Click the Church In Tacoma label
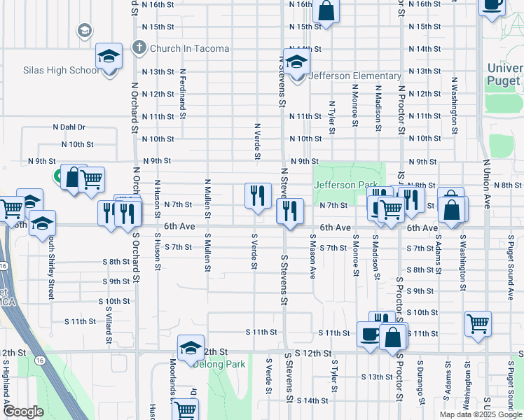(189, 48)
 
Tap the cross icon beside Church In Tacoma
(139, 48)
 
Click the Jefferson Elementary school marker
(296, 62)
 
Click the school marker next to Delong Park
(191, 348)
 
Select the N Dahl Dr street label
(69, 127)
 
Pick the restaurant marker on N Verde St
(258, 195)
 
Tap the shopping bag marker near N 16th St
(326, 10)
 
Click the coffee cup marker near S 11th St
(369, 335)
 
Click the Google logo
(23, 412)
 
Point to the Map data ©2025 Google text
(481, 414)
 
